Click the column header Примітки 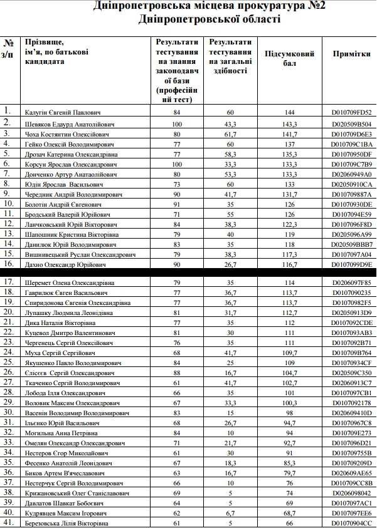(x=351, y=54)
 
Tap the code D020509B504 (x=351, y=124)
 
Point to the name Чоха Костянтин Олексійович (x=65, y=134)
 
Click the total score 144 (x=290, y=113)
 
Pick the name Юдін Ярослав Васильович (x=61, y=185)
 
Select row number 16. (x=8, y=264)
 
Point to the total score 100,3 (x=290, y=403)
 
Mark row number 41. (x=8, y=522)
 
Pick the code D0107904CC (x=351, y=523)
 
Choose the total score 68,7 (x=290, y=513)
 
